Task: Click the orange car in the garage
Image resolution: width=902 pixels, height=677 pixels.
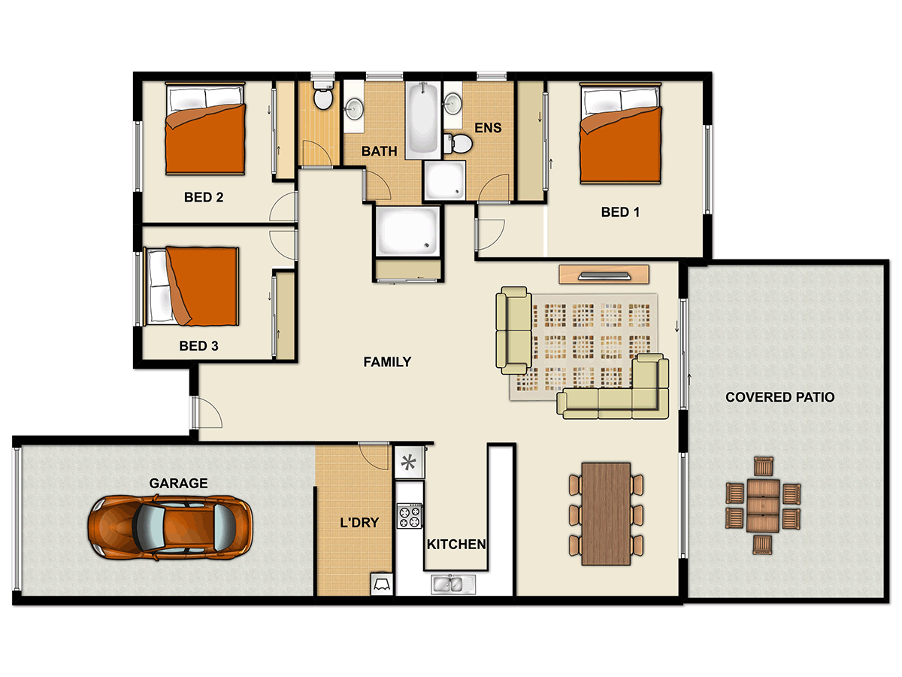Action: pos(170,528)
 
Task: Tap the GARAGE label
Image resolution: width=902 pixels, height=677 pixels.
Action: pos(178,484)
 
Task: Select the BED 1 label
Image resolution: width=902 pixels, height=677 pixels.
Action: pos(620,212)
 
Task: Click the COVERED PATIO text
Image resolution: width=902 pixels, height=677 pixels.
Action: pos(779,397)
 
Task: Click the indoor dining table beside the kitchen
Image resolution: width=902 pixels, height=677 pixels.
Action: pos(606,514)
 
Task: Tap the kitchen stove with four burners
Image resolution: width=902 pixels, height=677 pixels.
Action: pos(410,517)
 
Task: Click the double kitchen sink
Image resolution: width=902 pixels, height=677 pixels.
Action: pos(449,583)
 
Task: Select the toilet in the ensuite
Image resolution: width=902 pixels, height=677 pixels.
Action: pos(459,144)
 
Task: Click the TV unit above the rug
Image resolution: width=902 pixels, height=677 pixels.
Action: pos(604,274)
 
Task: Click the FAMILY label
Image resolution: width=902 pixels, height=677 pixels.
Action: pos(387,362)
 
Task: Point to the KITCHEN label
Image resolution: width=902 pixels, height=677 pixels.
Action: pos(456,544)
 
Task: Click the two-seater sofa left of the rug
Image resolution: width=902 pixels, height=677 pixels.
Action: pos(514,329)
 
